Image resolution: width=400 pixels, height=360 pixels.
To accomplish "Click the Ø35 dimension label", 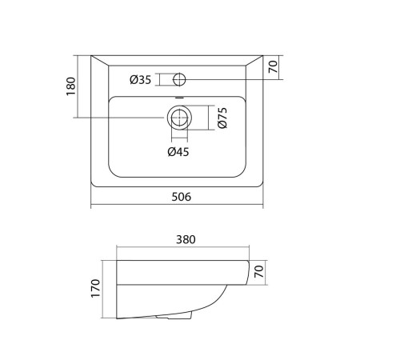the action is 141,80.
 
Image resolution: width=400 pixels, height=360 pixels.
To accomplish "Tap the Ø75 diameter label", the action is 222,118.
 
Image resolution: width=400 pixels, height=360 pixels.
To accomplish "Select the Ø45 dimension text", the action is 178,152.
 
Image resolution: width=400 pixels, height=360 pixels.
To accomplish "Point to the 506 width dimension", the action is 182,197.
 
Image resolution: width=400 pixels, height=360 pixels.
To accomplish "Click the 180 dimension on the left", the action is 71,86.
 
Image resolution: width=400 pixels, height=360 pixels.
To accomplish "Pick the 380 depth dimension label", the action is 186,239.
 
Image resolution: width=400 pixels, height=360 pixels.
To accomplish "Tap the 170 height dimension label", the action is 95,288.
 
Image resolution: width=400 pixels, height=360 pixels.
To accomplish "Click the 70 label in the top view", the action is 273,66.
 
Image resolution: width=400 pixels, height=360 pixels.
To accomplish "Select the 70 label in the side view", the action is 258,271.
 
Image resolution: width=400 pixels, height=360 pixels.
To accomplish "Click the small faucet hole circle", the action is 179,79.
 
